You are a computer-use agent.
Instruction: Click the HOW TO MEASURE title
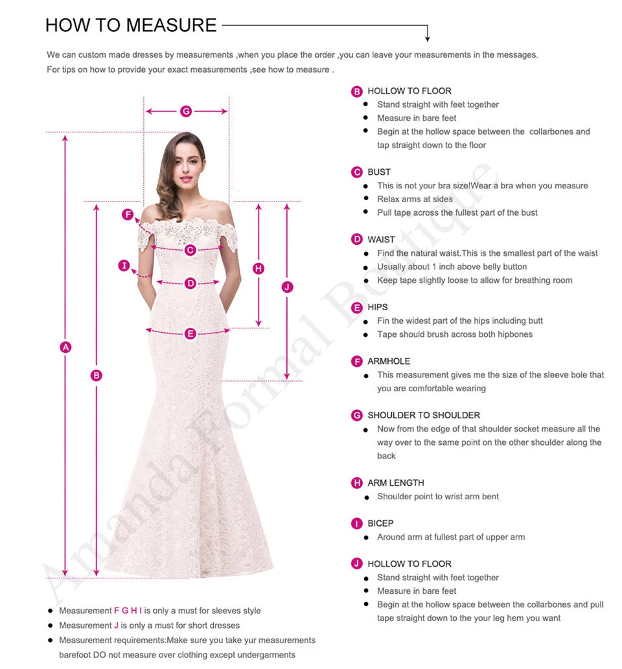point(131,25)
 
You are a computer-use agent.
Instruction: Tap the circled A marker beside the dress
point(65,347)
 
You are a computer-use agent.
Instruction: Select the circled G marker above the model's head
point(186,111)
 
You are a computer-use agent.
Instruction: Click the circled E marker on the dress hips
point(190,334)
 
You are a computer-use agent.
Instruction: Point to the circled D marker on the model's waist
point(190,283)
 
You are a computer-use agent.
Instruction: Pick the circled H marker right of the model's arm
point(259,268)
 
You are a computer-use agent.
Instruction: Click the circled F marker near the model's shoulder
point(128,215)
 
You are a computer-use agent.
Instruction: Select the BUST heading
point(379,172)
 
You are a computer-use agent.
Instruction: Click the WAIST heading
point(381,240)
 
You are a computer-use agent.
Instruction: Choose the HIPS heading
point(378,307)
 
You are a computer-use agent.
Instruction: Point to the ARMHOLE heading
point(389,361)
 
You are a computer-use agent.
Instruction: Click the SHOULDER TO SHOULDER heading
point(424,415)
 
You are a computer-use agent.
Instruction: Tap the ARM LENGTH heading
point(396,483)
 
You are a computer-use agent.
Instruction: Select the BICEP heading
point(380,523)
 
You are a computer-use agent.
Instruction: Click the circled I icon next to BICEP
point(357,523)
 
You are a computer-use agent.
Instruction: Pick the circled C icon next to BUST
point(357,172)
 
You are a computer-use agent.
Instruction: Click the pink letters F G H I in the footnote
point(128,611)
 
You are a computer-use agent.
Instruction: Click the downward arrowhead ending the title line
point(427,38)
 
